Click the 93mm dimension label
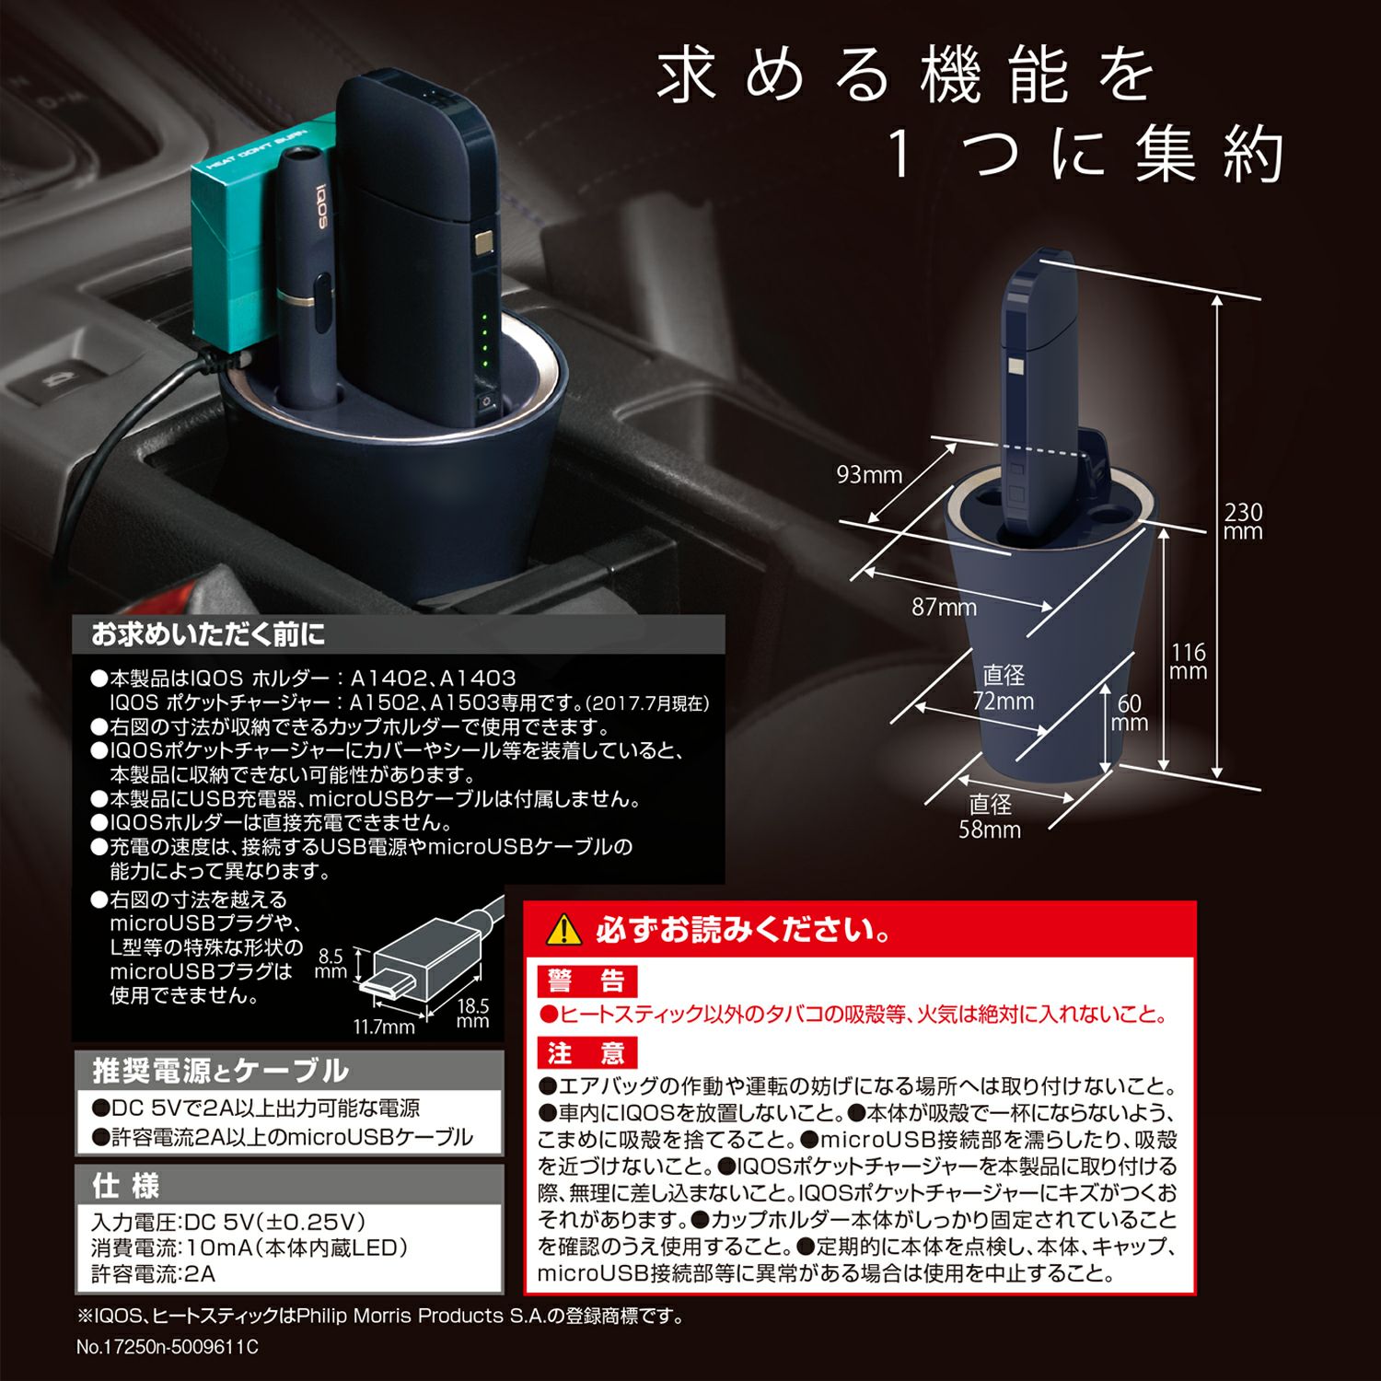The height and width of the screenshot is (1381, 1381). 868,475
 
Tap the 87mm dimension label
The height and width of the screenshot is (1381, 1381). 944,608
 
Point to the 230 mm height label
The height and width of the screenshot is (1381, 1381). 1243,522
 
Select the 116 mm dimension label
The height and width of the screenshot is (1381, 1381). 1188,662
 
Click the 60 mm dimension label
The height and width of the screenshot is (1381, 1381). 1130,713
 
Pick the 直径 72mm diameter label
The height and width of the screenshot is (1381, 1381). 1004,688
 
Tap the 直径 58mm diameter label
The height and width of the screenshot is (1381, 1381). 990,817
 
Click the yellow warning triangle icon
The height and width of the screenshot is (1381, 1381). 563,931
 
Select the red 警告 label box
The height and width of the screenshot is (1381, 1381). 586,981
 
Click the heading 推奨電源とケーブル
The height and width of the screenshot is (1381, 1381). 220,1070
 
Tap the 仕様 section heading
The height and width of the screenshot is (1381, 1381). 125,1185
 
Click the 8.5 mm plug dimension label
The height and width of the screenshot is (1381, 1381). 330,963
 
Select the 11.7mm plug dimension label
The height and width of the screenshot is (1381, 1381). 384,1027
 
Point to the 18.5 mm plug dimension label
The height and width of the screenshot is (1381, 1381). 472,1013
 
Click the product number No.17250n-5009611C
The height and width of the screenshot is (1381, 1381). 168,1347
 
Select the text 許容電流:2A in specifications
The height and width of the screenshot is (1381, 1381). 153,1274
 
